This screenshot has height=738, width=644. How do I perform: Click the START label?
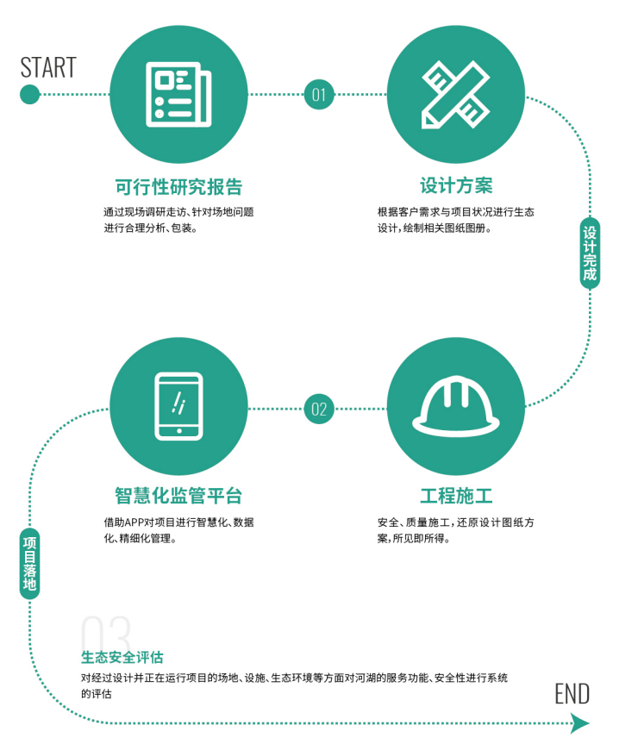48,67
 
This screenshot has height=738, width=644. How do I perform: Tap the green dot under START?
29,94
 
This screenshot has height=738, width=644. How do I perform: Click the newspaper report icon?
178,94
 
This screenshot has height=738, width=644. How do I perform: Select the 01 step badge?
319,94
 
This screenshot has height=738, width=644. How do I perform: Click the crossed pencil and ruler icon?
455,94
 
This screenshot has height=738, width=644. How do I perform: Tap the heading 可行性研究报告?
178,187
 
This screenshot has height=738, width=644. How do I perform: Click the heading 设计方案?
456,187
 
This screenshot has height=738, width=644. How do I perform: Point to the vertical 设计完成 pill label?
590,253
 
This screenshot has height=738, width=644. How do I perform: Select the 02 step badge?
319,409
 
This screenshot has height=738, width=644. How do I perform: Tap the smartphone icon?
178,404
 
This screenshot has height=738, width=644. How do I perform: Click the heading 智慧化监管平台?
178,496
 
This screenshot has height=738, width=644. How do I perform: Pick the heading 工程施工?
456,496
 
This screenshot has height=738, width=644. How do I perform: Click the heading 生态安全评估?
122,658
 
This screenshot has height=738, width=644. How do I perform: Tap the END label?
572,694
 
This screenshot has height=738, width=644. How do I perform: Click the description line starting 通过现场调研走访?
178,211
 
